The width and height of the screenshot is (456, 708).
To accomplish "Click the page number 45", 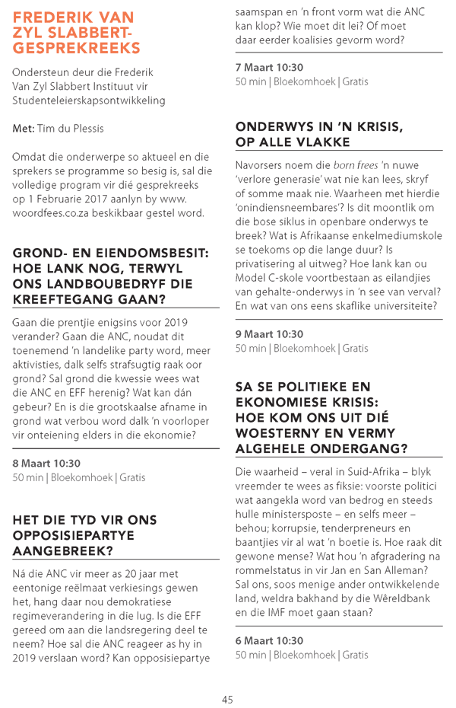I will tap(227, 699).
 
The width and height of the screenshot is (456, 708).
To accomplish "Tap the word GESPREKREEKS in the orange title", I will tap(76, 48).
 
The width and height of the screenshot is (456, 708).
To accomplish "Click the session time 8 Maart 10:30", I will tap(46, 463).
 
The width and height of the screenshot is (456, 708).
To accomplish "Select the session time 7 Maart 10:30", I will tap(269, 67).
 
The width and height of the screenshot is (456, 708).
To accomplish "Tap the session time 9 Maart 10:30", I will tap(269, 333).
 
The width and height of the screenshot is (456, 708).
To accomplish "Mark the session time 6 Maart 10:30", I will tap(269, 640).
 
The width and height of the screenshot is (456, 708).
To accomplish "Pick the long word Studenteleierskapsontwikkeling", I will tap(88, 100).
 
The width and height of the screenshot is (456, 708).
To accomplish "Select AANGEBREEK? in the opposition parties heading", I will tap(63, 550).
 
